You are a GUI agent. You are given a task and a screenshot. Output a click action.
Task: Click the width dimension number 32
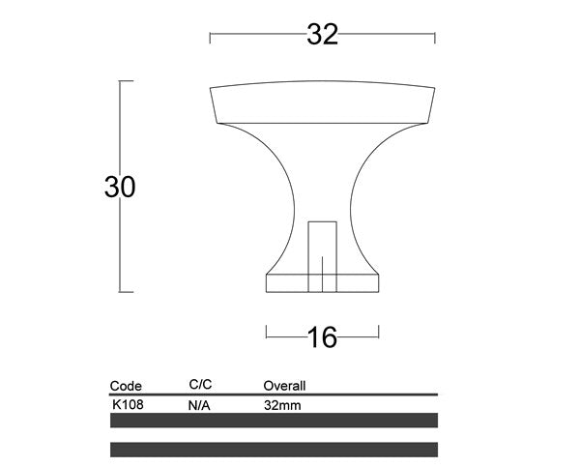[x=323, y=35]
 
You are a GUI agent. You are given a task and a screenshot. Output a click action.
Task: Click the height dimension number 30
[x=120, y=187]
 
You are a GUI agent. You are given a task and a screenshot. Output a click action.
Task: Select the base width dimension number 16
[x=321, y=336]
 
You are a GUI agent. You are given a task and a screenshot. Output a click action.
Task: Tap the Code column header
[x=126, y=386]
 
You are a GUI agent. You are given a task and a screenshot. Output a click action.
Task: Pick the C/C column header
[x=199, y=386]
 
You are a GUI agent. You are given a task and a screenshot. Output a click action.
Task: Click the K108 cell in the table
[x=128, y=405]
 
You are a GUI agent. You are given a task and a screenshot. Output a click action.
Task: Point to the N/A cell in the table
[x=199, y=406]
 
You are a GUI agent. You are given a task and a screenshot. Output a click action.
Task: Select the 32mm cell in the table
[x=282, y=406]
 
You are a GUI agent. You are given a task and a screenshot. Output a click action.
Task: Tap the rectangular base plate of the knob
[x=322, y=281]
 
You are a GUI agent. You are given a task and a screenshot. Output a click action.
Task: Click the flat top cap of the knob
[x=323, y=104]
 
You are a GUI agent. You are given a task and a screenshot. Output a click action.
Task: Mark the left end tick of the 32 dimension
[x=211, y=37]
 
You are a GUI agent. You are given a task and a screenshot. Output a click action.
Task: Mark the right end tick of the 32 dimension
[x=434, y=37]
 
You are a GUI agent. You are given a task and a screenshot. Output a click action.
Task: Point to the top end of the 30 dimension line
[x=120, y=82]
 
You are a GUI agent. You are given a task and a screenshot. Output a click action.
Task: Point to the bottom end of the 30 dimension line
[x=120, y=290]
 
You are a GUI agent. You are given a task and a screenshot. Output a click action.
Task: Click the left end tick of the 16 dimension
[x=267, y=336]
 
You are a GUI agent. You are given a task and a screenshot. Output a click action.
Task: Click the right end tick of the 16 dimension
[x=377, y=336]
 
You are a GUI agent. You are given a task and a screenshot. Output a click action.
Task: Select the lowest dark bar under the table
[x=275, y=450]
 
